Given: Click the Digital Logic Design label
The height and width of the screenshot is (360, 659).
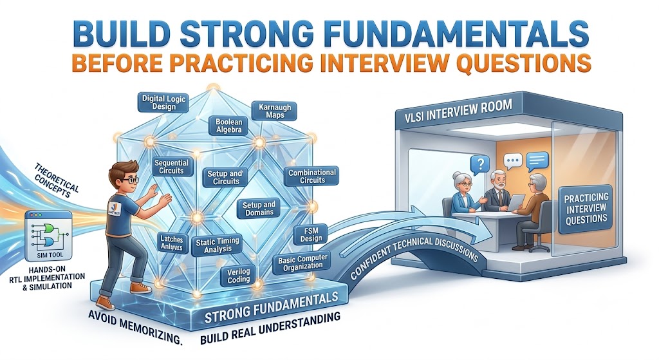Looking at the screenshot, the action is [x=163, y=102].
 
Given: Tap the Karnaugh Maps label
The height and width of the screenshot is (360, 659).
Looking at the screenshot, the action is [x=274, y=111].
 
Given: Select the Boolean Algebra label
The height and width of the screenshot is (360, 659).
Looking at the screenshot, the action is [x=228, y=126].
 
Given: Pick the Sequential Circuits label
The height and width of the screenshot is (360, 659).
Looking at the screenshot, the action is [x=171, y=167].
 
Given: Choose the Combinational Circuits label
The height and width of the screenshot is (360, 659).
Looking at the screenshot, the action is [x=312, y=176].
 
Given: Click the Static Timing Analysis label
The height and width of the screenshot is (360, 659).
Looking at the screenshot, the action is [x=218, y=245].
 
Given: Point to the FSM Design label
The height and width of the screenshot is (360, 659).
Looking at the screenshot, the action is [x=311, y=234].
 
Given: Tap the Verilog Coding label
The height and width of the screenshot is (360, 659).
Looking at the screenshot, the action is [x=238, y=276].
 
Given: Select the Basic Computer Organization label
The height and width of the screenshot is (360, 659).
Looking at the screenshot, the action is [x=302, y=262].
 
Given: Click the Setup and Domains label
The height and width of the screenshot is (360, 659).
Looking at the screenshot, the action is [x=259, y=209].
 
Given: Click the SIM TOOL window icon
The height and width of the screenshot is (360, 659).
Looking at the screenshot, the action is [x=49, y=236].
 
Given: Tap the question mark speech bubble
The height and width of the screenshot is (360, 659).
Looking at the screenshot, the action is [x=481, y=164].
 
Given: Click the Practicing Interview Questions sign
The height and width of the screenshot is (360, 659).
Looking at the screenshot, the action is [x=586, y=208].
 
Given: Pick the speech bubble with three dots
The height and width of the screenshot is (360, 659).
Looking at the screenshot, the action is [x=513, y=160].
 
